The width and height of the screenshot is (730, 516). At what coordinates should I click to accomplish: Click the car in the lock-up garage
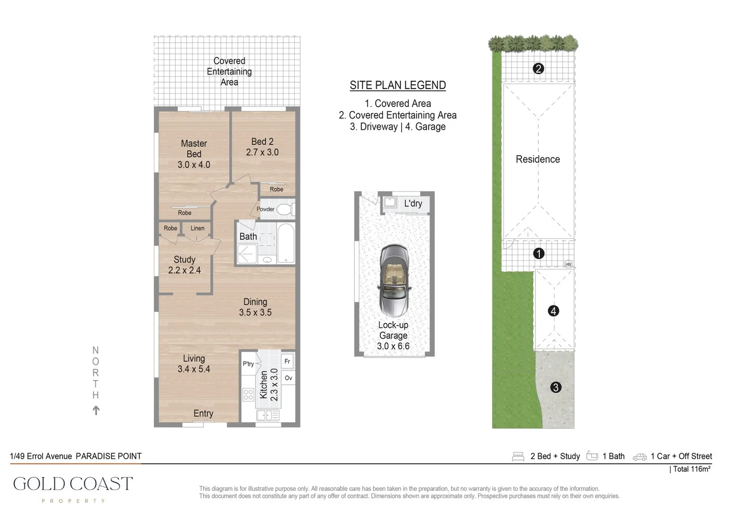394,281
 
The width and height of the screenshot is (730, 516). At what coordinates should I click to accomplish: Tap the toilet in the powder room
284,209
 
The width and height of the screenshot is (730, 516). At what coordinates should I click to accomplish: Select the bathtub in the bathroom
286,244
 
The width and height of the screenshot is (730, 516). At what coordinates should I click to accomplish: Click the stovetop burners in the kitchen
248,394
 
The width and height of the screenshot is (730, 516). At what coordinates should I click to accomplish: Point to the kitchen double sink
268,416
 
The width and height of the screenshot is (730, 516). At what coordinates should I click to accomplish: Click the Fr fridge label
287,362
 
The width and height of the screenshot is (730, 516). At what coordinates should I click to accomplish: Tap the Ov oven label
288,378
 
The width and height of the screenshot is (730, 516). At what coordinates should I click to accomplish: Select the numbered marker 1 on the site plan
538,253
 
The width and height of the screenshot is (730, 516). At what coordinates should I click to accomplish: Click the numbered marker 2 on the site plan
538,69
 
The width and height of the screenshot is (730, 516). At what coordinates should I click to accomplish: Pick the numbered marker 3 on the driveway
555,387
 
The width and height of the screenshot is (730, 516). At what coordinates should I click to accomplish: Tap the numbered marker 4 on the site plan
553,311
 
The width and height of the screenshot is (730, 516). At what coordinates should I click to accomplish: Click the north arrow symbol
96,410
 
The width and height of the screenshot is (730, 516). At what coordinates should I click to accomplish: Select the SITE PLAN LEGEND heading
397,86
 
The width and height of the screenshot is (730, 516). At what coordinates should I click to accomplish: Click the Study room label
184,259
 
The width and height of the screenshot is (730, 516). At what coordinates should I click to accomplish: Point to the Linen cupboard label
197,228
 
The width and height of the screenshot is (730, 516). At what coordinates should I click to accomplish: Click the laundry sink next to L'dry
390,202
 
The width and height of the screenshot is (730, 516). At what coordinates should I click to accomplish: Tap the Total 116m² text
691,469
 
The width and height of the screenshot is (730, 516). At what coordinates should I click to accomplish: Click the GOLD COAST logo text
73,484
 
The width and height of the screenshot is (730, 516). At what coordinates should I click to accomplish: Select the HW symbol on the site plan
568,264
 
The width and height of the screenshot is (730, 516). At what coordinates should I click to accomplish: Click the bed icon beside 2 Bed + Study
518,456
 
